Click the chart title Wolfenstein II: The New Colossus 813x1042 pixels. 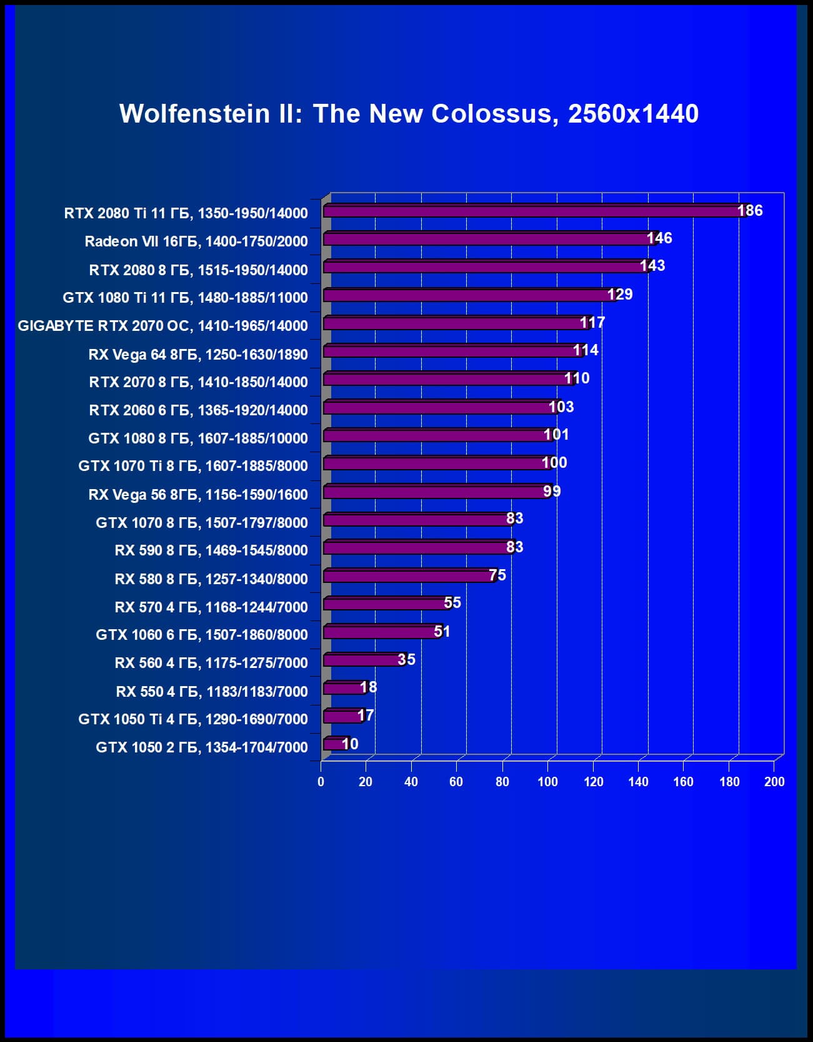pos(409,114)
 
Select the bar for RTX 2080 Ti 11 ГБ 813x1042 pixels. pos(531,211)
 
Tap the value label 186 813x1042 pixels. pos(750,211)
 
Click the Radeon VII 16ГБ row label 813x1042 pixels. pos(196,241)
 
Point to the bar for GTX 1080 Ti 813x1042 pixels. pos(469,295)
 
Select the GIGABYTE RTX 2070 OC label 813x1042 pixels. pos(162,326)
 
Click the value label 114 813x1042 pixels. pos(586,350)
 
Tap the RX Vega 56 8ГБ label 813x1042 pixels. pos(198,495)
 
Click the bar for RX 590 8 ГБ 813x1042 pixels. pos(417,548)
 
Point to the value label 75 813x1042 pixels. pos(497,575)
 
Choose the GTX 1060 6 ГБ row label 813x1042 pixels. pos(202,635)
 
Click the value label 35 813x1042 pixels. pos(406,659)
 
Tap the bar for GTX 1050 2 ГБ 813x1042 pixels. pos(334,744)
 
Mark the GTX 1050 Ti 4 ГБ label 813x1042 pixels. pos(193,719)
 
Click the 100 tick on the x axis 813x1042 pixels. pos(547,782)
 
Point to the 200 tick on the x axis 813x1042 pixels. pos(774,782)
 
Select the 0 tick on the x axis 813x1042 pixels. pos(321,782)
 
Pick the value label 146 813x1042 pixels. pos(659,238)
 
